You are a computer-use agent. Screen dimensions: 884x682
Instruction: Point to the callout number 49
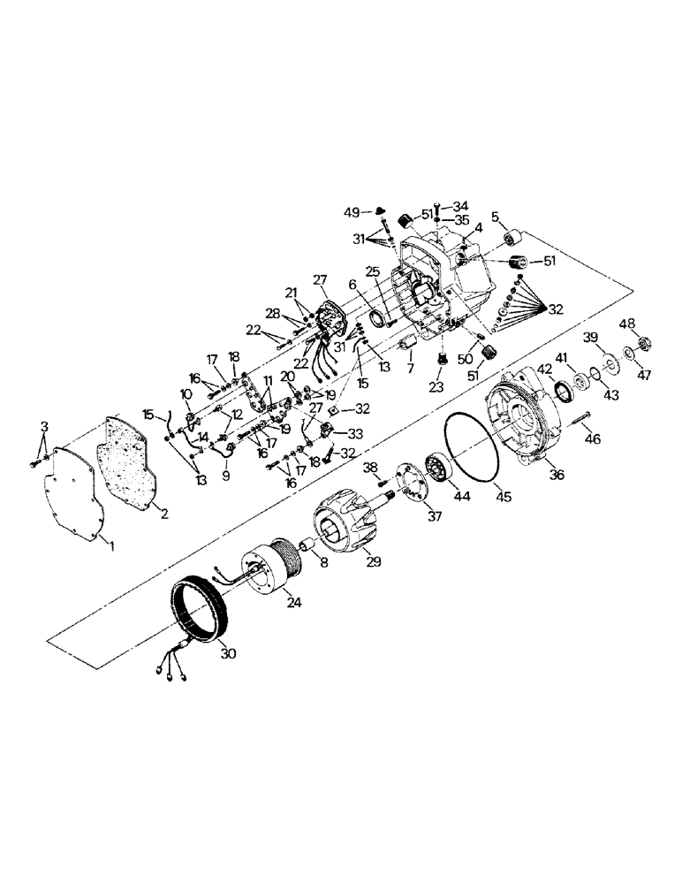click(x=352, y=213)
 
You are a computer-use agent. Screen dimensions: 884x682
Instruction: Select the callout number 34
click(x=461, y=206)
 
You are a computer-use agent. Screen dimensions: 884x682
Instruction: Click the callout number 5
click(x=494, y=216)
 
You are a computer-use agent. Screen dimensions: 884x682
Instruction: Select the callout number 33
click(x=357, y=434)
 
